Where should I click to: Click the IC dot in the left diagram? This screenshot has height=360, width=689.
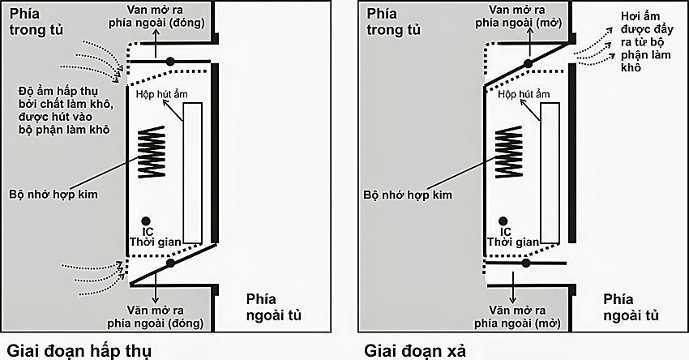145,221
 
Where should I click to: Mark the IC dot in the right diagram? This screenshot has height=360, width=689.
503,221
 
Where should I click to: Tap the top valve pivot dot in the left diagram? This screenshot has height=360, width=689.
169,61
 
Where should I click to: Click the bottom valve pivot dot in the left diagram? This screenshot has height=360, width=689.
169,264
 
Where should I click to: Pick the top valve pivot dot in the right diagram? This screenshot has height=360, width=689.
527,62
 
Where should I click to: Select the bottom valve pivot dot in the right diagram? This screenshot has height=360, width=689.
527,263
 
